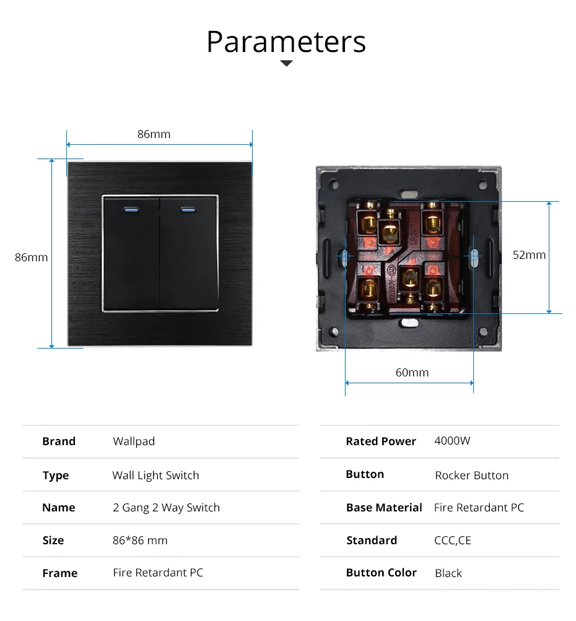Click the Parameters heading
click(286, 41)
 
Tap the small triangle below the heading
click(286, 63)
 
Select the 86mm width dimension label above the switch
click(154, 134)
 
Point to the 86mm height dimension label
click(32, 257)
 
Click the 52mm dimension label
click(529, 254)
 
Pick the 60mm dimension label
click(412, 372)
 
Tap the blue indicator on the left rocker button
click(132, 209)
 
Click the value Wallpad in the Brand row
click(134, 441)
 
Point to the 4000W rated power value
click(452, 441)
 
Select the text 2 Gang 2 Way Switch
click(166, 508)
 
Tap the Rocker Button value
click(471, 476)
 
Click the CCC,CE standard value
click(452, 541)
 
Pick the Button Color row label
click(381, 573)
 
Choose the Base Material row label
click(384, 508)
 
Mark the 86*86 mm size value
click(140, 541)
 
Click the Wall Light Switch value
click(155, 476)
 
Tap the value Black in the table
click(448, 573)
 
